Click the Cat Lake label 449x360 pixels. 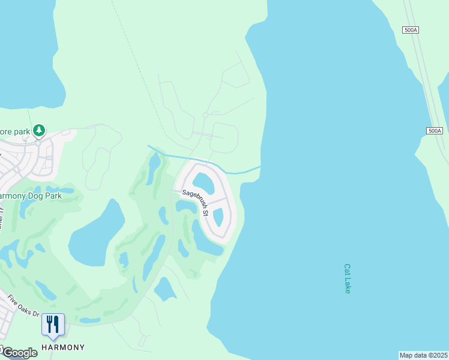[x=347, y=279]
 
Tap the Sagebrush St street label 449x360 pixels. [x=196, y=203]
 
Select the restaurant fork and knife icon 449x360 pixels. [x=53, y=325]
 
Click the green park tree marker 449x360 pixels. [x=39, y=130]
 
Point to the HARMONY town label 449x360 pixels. [x=62, y=347]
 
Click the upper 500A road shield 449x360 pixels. [x=411, y=30]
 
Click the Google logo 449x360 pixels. [x=19, y=353]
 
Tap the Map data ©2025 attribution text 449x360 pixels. [x=424, y=355]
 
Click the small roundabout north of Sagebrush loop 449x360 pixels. [x=205, y=115]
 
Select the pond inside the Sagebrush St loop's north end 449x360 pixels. [x=203, y=183]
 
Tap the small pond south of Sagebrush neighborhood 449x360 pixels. [x=164, y=290]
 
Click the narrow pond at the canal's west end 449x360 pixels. [x=154, y=163]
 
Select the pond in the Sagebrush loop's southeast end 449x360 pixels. [x=218, y=217]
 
